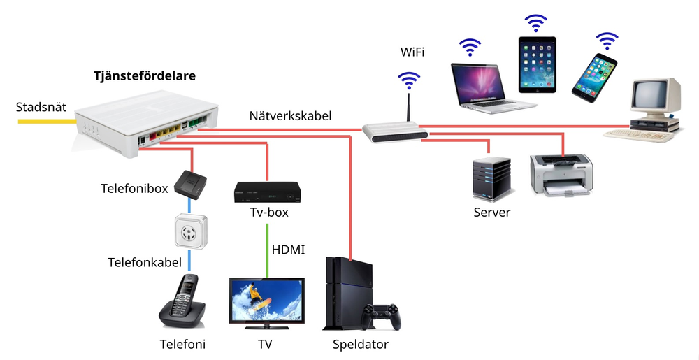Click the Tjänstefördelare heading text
[145, 76]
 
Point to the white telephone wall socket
[190, 231]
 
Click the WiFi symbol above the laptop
[470, 48]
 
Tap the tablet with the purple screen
[537, 64]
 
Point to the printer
[561, 174]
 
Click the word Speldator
[361, 345]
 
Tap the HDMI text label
[288, 250]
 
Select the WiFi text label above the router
[412, 52]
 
